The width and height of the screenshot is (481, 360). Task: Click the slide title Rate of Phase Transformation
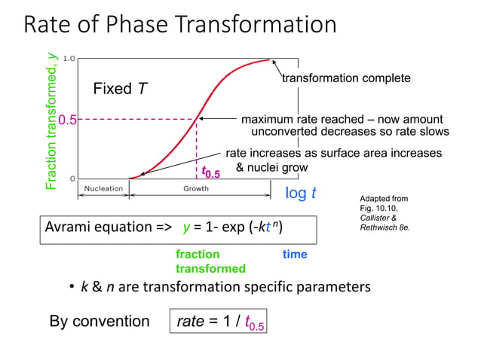click(180, 25)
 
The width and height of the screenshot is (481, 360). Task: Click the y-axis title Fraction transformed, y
click(51, 120)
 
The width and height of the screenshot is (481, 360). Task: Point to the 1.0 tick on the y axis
click(69, 58)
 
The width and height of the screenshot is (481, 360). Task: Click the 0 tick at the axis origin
click(71, 178)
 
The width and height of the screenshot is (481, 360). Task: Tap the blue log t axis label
click(300, 194)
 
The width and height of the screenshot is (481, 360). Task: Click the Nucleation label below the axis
click(103, 189)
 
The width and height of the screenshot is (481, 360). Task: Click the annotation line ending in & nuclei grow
click(272, 166)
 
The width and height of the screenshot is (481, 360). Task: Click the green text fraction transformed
click(210, 261)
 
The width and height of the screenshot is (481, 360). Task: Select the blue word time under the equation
click(294, 255)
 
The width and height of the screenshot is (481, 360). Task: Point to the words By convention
click(100, 322)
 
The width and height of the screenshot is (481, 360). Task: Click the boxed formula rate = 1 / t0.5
click(219, 322)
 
